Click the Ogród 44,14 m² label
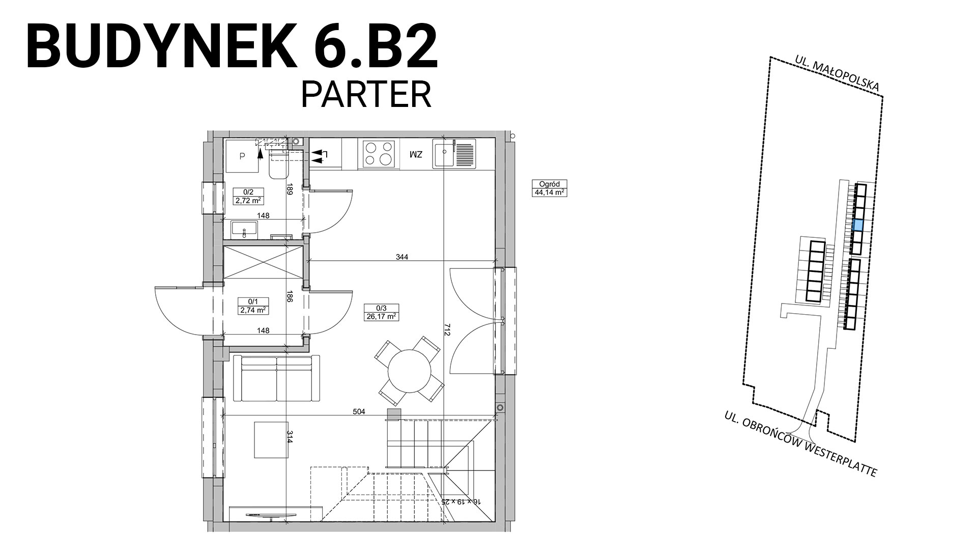(x=549, y=188)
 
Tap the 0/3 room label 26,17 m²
(x=381, y=312)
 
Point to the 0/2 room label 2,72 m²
(x=248, y=196)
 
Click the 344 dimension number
(x=402, y=257)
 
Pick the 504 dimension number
(x=359, y=411)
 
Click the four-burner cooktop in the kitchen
(x=379, y=154)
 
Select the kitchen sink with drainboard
(x=455, y=153)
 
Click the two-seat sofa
(x=276, y=378)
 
